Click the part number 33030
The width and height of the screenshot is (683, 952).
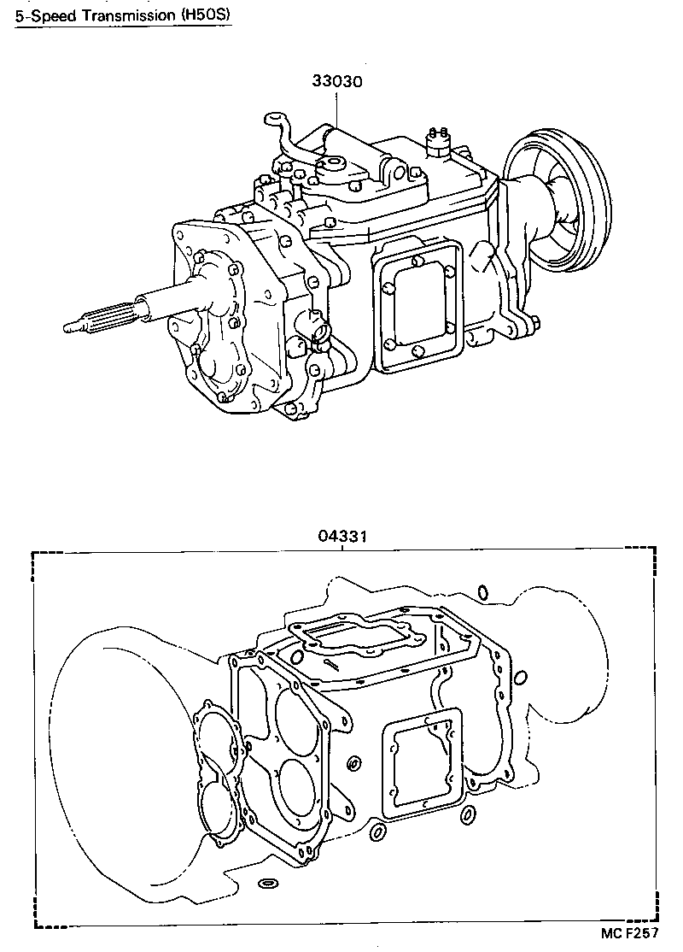pyautogui.click(x=338, y=83)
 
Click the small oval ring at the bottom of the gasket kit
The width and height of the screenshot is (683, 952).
pyautogui.click(x=268, y=882)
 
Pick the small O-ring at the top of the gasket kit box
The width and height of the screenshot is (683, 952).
pyautogui.click(x=482, y=591)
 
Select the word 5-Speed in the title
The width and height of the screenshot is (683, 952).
pyautogui.click(x=38, y=16)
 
